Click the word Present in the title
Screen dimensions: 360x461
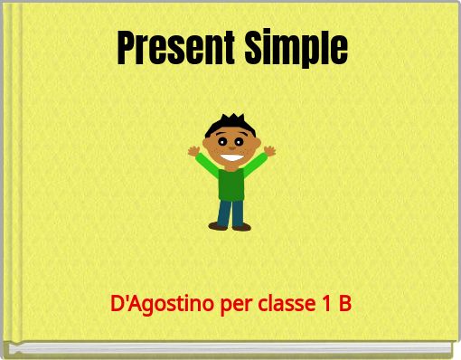tap(172, 47)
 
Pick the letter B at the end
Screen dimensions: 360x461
tap(344, 304)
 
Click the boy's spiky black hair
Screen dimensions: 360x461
tap(229, 123)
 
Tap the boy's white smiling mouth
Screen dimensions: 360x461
tap(231, 158)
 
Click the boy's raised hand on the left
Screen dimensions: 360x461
tap(193, 151)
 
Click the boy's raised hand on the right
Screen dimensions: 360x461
tap(269, 150)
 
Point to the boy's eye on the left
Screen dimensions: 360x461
tap(222, 141)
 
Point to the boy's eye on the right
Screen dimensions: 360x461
tap(239, 141)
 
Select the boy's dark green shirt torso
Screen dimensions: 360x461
tap(231, 184)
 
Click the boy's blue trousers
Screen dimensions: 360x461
tap(231, 212)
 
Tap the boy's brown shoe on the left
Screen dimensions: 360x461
tap(218, 226)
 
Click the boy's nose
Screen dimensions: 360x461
tap(230, 148)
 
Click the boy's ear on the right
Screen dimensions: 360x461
tap(256, 145)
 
